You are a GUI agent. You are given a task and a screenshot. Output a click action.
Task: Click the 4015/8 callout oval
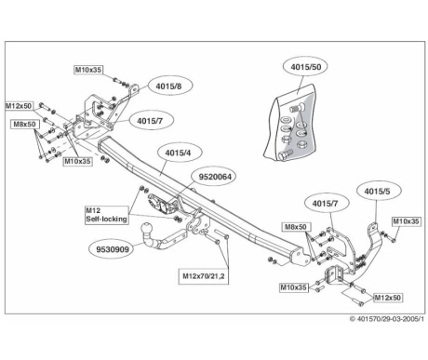point(169,86)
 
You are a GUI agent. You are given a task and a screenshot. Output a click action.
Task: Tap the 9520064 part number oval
point(215,177)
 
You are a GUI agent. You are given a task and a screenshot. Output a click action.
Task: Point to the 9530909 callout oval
point(112,249)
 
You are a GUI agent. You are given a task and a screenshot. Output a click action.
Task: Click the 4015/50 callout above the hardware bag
point(305,67)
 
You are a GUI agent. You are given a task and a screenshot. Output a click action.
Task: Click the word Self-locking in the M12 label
point(106,219)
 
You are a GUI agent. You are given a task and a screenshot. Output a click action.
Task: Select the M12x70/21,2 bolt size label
point(204,275)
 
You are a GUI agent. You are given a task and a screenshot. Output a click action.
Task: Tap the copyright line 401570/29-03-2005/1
point(387,319)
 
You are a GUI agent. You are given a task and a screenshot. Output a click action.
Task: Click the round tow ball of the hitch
point(145,229)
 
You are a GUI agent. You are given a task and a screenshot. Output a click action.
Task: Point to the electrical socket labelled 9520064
point(159,204)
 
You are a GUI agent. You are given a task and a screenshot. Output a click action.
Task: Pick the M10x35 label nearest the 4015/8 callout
point(88,70)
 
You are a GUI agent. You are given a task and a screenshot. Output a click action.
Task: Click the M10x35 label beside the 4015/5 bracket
point(407,221)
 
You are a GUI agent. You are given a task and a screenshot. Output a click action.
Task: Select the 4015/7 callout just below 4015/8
point(150,120)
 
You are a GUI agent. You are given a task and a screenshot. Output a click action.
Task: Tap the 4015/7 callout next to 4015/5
point(327,204)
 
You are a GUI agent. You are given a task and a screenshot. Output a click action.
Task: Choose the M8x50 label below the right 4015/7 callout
point(296,227)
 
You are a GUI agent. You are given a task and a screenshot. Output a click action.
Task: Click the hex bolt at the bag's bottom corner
point(286,154)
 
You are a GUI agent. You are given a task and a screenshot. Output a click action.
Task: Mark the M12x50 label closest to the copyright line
point(388,298)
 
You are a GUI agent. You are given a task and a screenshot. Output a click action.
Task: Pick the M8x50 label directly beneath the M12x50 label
point(24,125)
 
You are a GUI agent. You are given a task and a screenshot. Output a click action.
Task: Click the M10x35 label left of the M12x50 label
point(294,287)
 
